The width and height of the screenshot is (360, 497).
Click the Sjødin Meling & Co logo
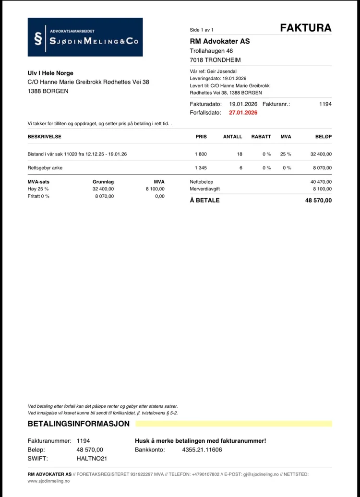[x=85, y=37]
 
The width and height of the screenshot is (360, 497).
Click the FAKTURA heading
[x=306, y=28]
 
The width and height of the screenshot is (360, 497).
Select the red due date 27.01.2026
[x=243, y=113]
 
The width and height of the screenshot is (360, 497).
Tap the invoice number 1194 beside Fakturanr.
[x=325, y=104]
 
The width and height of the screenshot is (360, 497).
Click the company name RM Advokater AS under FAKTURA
[x=220, y=41]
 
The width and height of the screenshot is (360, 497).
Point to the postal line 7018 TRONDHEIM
[x=216, y=60]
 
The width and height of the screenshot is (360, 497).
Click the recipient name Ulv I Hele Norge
[x=50, y=73]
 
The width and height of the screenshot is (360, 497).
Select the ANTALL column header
[x=233, y=137]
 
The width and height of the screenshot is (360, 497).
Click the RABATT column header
[x=261, y=137]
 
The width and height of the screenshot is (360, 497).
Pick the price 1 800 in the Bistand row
[x=201, y=154]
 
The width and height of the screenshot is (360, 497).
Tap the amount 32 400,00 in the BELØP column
[x=321, y=154]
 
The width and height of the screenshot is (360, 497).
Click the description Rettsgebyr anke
[x=45, y=168]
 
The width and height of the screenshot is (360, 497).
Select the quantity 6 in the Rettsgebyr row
[x=241, y=168]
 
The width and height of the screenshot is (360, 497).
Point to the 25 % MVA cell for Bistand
[x=286, y=154]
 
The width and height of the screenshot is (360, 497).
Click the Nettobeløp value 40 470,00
[x=321, y=182]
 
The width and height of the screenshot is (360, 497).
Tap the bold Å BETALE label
[x=205, y=200]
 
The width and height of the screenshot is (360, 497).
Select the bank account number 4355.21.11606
[x=202, y=450]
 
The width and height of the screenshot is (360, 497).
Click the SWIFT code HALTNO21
[x=92, y=458]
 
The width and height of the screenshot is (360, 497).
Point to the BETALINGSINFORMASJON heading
[x=79, y=424]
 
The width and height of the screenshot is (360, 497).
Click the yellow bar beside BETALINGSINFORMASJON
[x=233, y=424]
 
